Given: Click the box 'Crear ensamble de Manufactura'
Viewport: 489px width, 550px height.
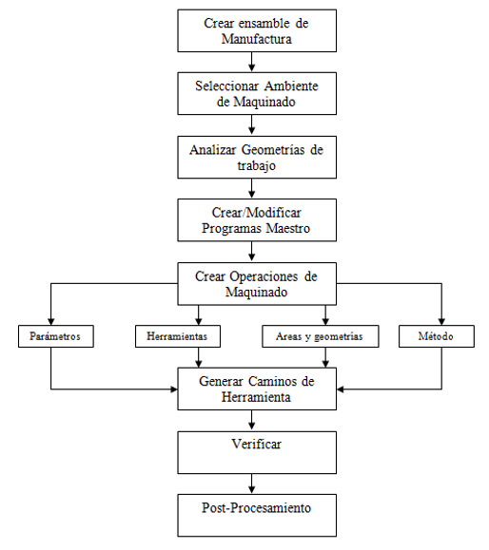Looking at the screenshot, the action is (257, 30).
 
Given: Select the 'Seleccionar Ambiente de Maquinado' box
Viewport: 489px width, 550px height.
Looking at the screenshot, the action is (257, 94).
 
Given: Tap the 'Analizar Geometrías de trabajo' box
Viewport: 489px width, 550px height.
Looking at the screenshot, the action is (257, 157).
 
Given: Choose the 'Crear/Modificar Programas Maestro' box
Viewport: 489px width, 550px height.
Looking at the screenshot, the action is (257, 220).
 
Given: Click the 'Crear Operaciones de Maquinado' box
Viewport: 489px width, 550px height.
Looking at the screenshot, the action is (257, 284).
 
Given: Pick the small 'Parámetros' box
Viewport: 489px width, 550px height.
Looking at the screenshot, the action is (56, 336).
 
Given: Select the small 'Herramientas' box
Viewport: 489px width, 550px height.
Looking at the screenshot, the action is (178, 336).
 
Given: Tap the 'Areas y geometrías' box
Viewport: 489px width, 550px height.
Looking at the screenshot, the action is (321, 336).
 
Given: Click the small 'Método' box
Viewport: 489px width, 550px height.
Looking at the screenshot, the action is (437, 336).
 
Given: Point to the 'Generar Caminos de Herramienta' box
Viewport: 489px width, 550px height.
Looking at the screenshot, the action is (257, 389).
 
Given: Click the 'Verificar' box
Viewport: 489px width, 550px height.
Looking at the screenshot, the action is (257, 452).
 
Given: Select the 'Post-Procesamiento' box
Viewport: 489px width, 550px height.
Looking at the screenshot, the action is (257, 516).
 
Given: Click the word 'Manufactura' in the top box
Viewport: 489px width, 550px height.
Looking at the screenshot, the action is (257, 39).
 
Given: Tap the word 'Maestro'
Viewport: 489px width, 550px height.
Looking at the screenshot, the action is (288, 228).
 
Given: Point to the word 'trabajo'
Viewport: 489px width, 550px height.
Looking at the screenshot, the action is (257, 165).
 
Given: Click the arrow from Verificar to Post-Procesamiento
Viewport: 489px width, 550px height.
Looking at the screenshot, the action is (251, 484).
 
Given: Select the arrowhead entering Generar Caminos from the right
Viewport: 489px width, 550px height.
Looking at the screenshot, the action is (340, 389).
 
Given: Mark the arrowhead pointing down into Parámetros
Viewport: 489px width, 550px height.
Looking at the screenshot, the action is (51, 322).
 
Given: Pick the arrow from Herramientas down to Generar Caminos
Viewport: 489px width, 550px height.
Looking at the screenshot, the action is (199, 357).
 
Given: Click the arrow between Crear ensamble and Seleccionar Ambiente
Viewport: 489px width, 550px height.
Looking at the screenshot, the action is (251, 62).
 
